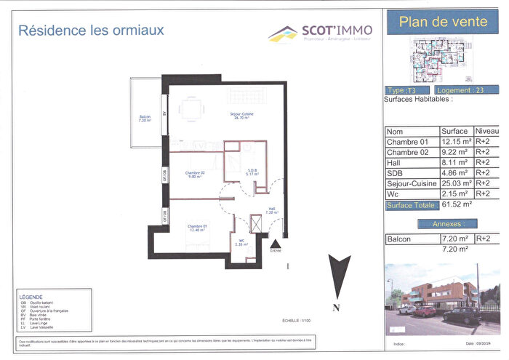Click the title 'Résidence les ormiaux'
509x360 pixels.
point(91,31)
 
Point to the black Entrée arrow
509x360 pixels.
point(276,240)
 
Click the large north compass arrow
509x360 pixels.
point(336,277)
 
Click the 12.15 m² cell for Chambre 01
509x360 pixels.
point(456,142)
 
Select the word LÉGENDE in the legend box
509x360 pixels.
point(32,297)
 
